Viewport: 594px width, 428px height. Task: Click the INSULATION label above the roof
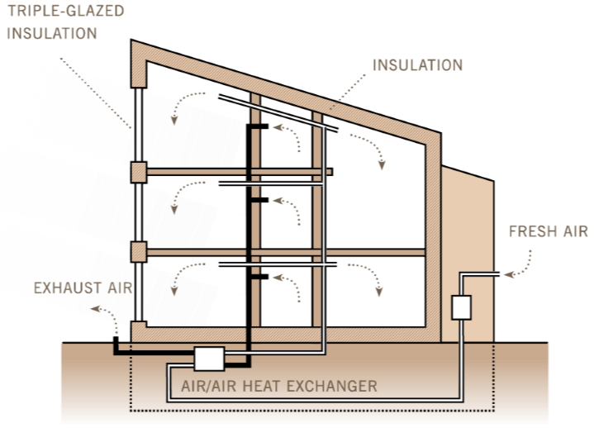point(418,64)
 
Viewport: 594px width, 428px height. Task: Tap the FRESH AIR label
point(548,231)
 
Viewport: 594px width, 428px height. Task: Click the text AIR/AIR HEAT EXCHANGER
point(279,386)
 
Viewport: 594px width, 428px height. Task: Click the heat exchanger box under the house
point(210,358)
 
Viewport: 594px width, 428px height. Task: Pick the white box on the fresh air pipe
point(461,307)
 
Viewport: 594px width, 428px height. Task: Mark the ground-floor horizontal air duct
point(276,264)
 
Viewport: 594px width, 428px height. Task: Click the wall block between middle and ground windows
point(138,251)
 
